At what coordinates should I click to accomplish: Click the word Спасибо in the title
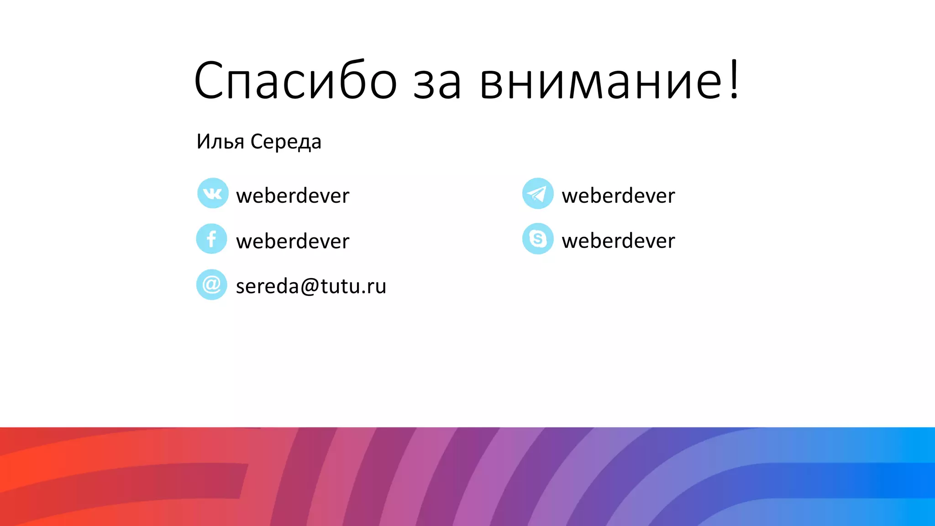(296, 81)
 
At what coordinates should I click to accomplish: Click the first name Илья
(221, 142)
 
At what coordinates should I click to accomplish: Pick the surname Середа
(286, 142)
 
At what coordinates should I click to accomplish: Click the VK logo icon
(212, 193)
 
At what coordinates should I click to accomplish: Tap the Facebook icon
(211, 239)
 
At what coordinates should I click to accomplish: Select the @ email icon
(211, 284)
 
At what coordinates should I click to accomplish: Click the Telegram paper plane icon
(538, 193)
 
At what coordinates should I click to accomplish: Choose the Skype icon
(538, 238)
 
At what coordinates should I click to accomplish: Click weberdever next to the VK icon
(293, 195)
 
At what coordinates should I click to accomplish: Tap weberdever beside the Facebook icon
(293, 241)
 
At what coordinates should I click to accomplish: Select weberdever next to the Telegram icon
(618, 195)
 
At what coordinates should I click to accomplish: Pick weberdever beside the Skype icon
(618, 241)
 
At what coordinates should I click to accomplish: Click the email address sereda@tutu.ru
(311, 286)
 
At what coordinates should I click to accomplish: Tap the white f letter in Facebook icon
(211, 239)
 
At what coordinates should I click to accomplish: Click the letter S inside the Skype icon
(538, 238)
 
